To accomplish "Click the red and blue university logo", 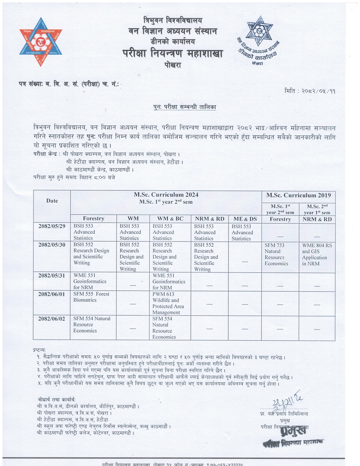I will [x=41, y=41].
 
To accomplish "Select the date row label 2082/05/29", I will [x=52, y=226].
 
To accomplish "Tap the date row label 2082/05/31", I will [x=52, y=276].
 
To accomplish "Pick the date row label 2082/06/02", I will [x=52, y=319].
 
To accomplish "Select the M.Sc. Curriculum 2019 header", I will [x=299, y=195].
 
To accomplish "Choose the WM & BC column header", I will [x=170, y=219].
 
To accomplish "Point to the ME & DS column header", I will [x=245, y=219].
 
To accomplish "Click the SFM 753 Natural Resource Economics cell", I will [x=276, y=254].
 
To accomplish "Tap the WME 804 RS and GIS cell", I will [x=317, y=254].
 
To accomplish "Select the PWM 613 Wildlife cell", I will [x=168, y=303].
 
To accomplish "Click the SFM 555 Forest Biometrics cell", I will [x=91, y=297].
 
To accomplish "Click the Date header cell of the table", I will [x=52, y=201].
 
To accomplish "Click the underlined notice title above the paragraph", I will [x=185, y=107].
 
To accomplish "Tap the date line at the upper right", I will [x=310, y=91].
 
